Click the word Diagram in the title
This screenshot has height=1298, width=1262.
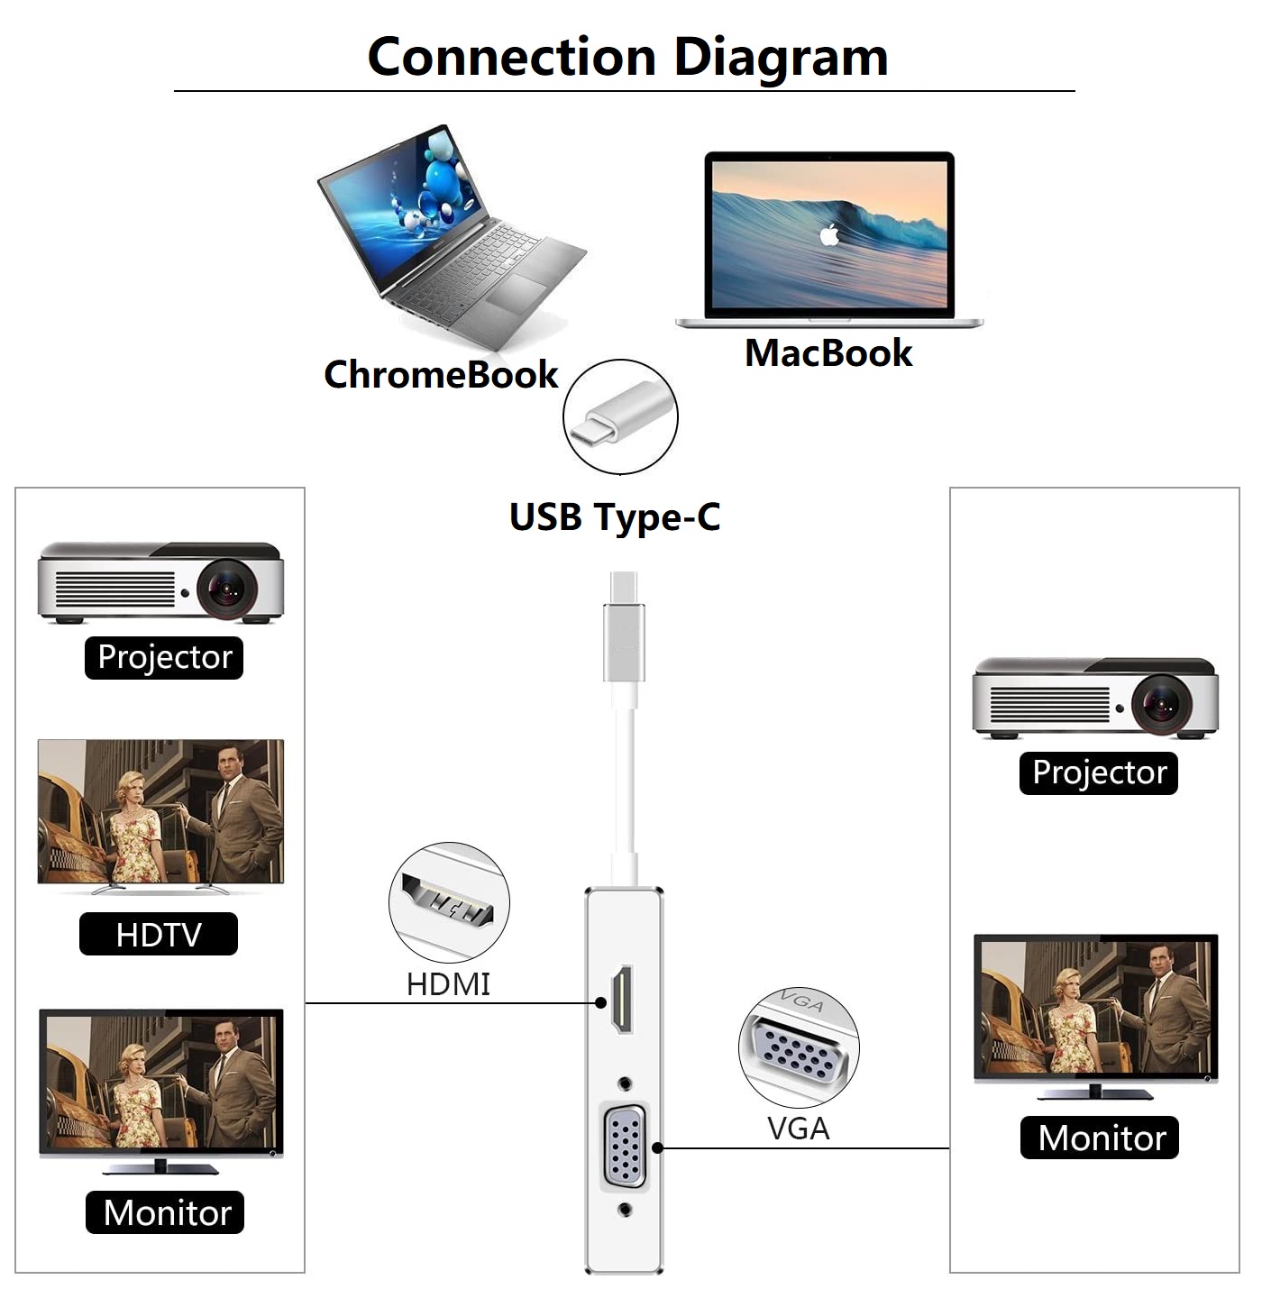click(x=781, y=57)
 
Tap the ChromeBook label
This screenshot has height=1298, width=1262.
click(x=441, y=374)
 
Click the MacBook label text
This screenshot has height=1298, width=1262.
click(x=828, y=352)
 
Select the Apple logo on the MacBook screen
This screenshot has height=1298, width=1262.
click(x=829, y=236)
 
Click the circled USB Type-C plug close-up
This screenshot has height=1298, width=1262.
click(x=620, y=416)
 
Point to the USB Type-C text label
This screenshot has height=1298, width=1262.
click(x=615, y=517)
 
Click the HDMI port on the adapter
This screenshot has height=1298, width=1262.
click(x=622, y=1000)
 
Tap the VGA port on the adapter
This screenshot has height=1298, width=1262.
click(x=625, y=1147)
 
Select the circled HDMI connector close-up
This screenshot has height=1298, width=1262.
click(x=449, y=901)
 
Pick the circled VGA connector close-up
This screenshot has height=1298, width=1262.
click(x=799, y=1047)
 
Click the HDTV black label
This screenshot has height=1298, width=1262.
click(x=159, y=934)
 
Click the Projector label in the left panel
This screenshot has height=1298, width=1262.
click(x=164, y=657)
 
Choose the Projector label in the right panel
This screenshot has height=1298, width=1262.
click(x=1099, y=772)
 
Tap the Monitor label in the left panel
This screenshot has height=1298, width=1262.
click(x=165, y=1212)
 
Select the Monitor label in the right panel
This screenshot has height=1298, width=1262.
click(x=1100, y=1138)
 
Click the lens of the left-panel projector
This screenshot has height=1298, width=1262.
click(x=225, y=589)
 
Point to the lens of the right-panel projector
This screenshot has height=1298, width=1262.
click(x=1161, y=703)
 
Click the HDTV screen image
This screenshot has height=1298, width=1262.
click(x=160, y=811)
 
